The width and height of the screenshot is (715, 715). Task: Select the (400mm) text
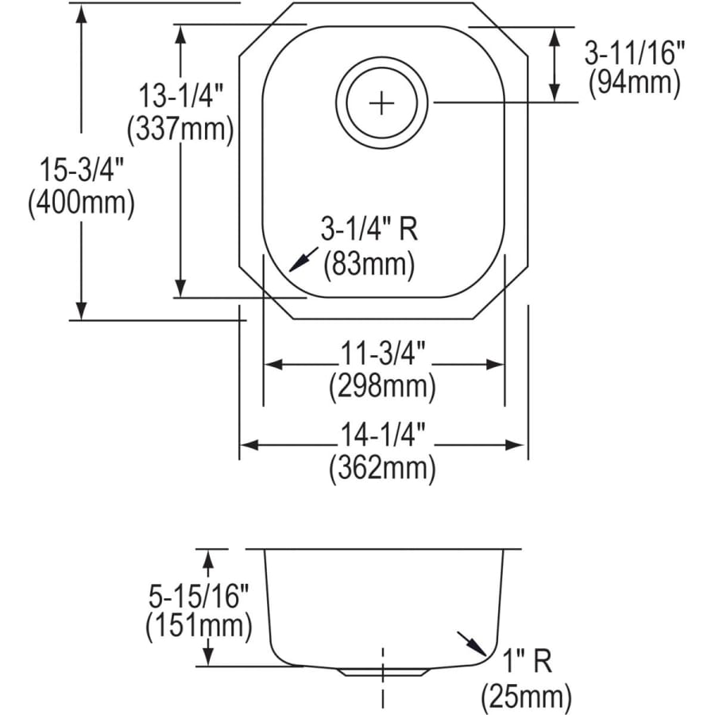(80, 204)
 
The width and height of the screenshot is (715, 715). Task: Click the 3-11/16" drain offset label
(634, 53)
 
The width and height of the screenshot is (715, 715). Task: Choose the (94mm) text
(634, 83)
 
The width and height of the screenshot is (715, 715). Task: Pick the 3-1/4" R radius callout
(369, 231)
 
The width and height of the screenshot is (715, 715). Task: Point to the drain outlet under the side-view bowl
(384, 671)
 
